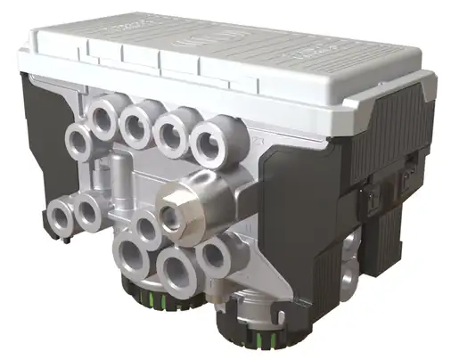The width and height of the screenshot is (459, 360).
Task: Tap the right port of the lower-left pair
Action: [x=88, y=211]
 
